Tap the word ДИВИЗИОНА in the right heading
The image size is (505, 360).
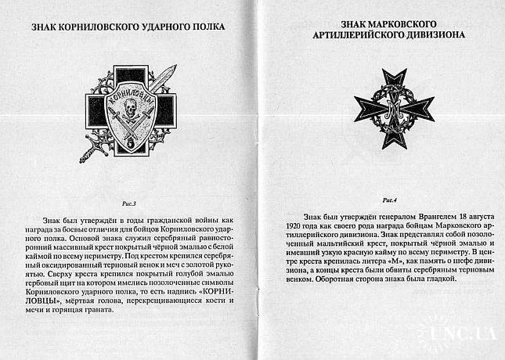coord(431,35)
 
